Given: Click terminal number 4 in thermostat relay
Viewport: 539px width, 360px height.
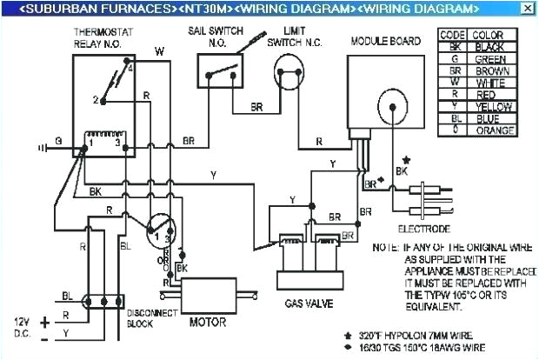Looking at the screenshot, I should point(130,67).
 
